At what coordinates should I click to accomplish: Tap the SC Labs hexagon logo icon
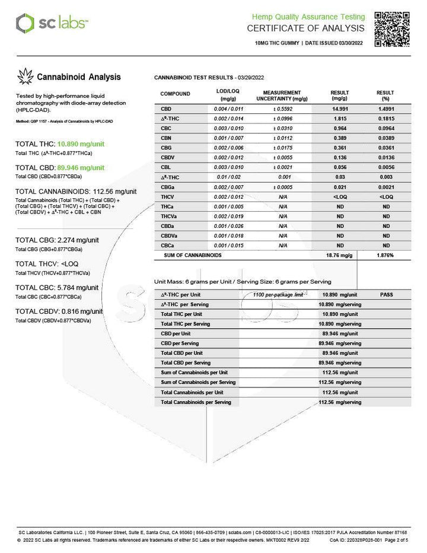(25, 24)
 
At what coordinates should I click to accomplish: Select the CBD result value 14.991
(340, 109)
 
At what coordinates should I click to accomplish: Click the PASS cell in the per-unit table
(386, 294)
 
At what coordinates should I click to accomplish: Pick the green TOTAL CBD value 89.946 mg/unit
(81, 168)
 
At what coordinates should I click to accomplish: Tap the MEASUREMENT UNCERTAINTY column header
(282, 96)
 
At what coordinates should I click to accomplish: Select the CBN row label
(166, 138)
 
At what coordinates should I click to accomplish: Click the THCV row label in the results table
(167, 196)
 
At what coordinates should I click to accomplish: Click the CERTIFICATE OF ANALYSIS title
(305, 28)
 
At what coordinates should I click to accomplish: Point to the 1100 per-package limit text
(278, 294)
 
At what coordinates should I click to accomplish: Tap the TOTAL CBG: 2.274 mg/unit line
(57, 240)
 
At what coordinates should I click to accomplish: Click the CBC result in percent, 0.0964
(386, 128)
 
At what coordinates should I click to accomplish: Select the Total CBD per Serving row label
(186, 363)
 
